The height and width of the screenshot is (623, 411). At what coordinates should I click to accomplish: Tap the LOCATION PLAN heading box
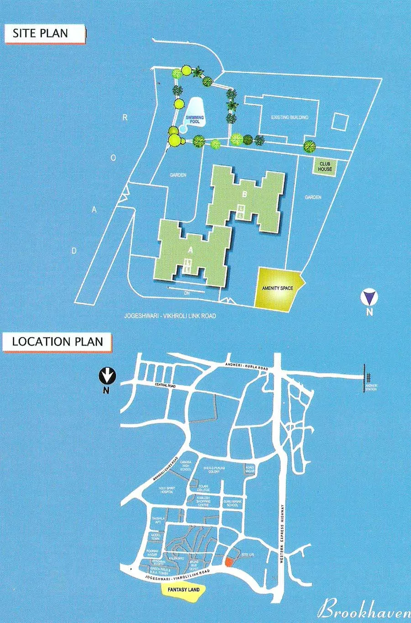pyautogui.click(x=57, y=341)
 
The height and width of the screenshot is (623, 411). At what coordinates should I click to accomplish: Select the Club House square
pyautogui.click(x=325, y=166)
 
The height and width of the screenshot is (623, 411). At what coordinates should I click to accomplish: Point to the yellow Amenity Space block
pyautogui.click(x=277, y=289)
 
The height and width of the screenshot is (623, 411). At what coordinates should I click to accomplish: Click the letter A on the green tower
pyautogui.click(x=190, y=250)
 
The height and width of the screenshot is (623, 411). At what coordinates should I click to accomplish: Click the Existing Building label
pyautogui.click(x=290, y=117)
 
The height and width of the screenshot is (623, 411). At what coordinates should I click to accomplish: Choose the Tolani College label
pyautogui.click(x=203, y=487)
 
